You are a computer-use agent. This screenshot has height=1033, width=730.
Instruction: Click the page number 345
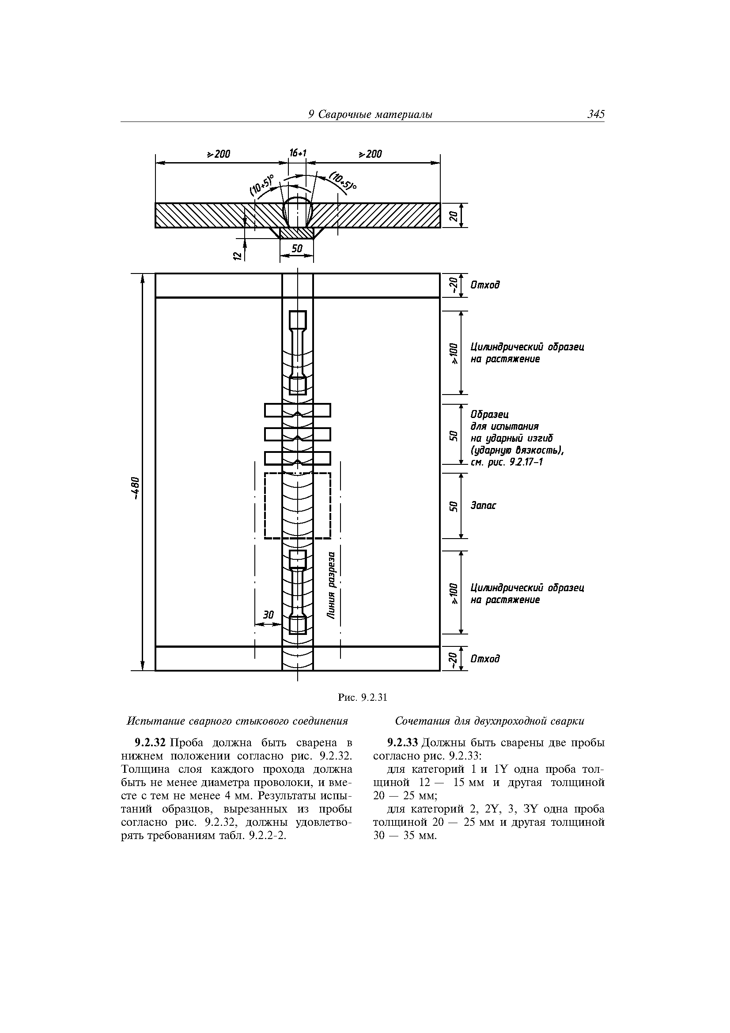coord(595,115)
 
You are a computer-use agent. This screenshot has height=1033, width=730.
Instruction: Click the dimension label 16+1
coord(297,153)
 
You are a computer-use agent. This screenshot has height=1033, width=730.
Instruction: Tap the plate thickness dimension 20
coord(454,216)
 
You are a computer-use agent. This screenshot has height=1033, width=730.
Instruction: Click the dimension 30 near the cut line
coord(268,615)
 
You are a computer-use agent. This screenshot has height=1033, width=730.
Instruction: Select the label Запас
coord(483,506)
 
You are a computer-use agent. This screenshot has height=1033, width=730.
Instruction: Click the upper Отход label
coord(485,285)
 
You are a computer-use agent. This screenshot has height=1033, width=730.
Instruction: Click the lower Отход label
coord(485,659)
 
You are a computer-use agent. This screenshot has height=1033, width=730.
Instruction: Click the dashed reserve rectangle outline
coord(265,506)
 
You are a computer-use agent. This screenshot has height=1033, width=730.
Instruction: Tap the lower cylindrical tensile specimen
coord(297,592)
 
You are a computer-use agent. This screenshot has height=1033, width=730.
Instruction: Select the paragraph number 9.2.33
coord(403,742)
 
